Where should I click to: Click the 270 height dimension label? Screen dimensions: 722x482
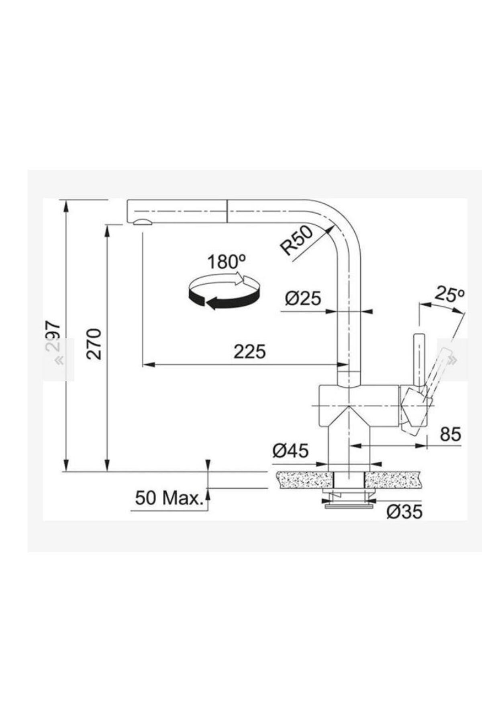[x=95, y=344]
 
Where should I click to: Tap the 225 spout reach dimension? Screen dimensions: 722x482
[x=250, y=352]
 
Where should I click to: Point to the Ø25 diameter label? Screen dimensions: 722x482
[x=303, y=299]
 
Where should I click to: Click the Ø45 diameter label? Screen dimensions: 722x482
[x=290, y=451]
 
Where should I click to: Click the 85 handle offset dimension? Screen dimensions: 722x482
[x=450, y=434]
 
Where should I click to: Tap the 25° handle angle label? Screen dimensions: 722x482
[x=449, y=295]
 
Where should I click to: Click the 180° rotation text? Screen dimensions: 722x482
[x=227, y=262]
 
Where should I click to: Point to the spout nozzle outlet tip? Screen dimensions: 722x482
[x=141, y=223]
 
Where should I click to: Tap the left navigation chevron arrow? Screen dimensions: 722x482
[x=59, y=360]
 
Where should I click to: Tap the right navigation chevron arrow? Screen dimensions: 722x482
[x=453, y=360]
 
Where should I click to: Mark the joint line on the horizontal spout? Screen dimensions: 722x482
[x=228, y=210]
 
